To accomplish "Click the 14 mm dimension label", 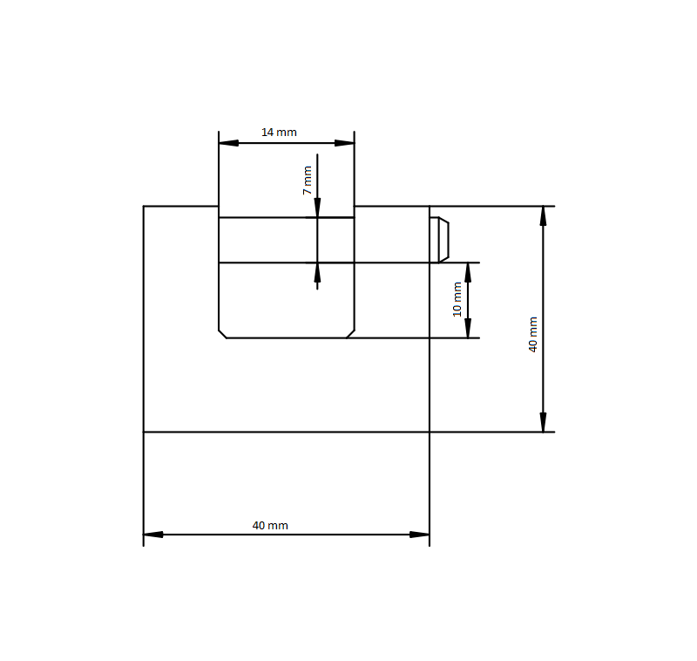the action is [x=279, y=132].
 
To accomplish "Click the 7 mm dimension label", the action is [x=308, y=181].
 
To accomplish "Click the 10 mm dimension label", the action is [x=457, y=299].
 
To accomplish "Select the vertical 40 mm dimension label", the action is [x=533, y=335].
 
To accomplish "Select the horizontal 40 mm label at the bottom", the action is [x=270, y=525].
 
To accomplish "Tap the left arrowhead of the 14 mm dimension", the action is [x=228, y=143].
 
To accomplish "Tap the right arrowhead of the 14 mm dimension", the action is [x=344, y=143].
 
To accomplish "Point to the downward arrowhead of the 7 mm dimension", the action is [x=317, y=208].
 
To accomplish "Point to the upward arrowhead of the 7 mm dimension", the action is [x=317, y=273].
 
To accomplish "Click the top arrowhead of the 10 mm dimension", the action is [x=468, y=273].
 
